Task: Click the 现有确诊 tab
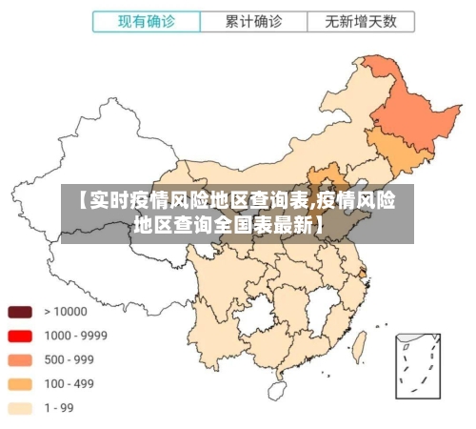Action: coord(146,21)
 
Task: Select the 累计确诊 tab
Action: coord(253,21)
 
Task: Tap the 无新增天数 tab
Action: coord(361,21)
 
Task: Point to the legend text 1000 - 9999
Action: coord(75,336)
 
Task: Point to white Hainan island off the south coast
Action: coord(277,389)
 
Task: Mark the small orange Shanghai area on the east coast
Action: coord(363,273)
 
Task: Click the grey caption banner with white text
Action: coord(237,213)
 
